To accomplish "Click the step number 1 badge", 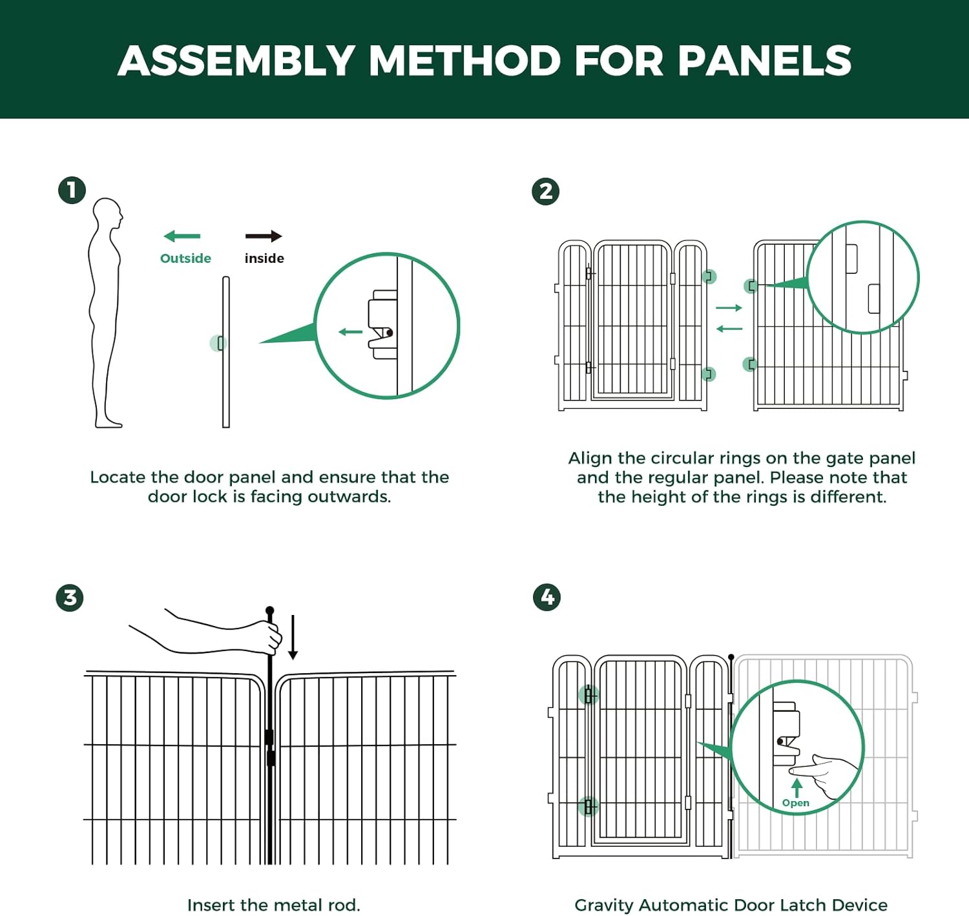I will pyautogui.click(x=72, y=190).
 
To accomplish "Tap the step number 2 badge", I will pyautogui.click(x=545, y=191).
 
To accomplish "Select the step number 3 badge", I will pyautogui.click(x=70, y=598).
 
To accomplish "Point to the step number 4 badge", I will pyautogui.click(x=547, y=597).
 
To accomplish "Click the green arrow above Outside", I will pyautogui.click(x=182, y=236).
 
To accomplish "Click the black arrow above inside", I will pyautogui.click(x=264, y=236).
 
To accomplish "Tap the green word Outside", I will pyautogui.click(x=185, y=258).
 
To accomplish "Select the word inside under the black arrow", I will pyautogui.click(x=264, y=258).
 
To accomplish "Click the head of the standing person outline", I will pyautogui.click(x=108, y=214).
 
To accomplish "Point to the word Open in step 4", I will pyautogui.click(x=795, y=803).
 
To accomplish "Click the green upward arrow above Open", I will pyautogui.click(x=797, y=787).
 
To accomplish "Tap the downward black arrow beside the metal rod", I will pyautogui.click(x=293, y=638).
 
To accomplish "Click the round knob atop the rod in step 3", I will pyautogui.click(x=270, y=610).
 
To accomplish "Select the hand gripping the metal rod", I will pyautogui.click(x=268, y=636).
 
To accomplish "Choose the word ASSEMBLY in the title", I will pyautogui.click(x=236, y=61).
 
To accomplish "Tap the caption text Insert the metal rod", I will pyautogui.click(x=273, y=905).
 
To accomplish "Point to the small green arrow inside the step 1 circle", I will pyautogui.click(x=351, y=332).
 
